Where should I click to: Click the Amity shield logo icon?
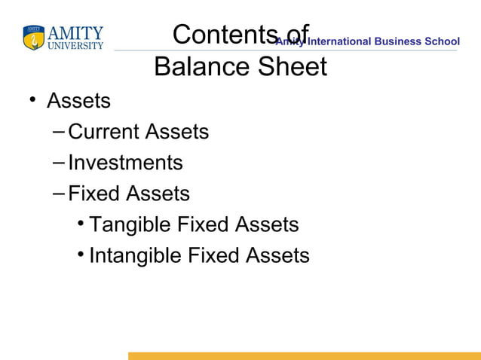point(34,38)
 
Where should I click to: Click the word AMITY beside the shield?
point(75,33)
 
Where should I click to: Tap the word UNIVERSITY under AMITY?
point(75,46)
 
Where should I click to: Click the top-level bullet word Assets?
point(78,100)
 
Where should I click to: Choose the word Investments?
point(125,163)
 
